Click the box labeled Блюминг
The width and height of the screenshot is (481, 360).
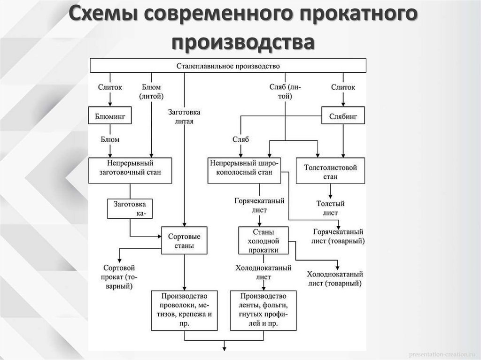[x=109, y=115]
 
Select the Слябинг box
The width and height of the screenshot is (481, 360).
[x=342, y=115]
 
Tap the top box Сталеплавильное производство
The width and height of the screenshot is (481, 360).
[x=228, y=66]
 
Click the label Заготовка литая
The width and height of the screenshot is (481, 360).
[x=184, y=116]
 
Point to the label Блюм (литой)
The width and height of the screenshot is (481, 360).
[x=151, y=92]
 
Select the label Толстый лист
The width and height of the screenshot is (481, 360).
[x=330, y=208]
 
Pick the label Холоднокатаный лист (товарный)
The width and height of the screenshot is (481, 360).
[x=335, y=279]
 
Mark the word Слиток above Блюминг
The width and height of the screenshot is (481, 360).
[x=109, y=87]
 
